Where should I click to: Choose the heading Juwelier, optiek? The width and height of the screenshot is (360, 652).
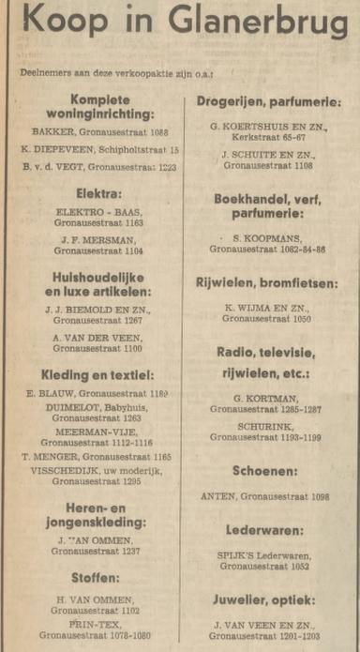point(267,600)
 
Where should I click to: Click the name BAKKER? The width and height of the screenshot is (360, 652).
point(52,133)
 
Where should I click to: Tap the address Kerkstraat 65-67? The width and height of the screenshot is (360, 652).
point(267,137)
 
